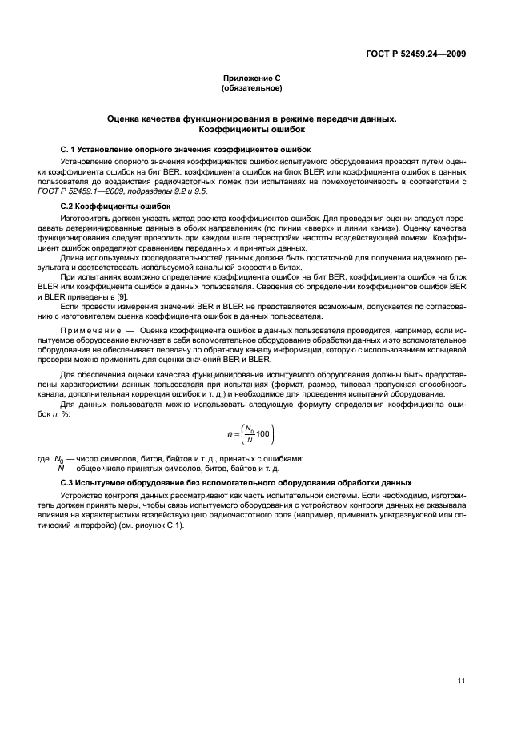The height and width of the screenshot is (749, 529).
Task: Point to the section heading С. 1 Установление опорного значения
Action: point(186,150)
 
